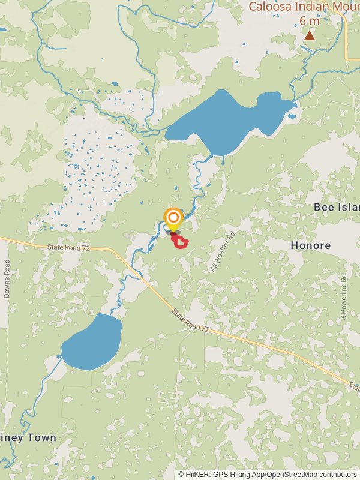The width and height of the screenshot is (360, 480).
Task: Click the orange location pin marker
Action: pyautogui.click(x=173, y=218)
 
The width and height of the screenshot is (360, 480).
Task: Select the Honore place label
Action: pyautogui.click(x=310, y=245)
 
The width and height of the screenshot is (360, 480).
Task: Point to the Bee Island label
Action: pyautogui.click(x=336, y=207)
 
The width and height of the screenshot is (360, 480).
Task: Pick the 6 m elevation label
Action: pyautogui.click(x=309, y=21)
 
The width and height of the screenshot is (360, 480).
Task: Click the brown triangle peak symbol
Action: pyautogui.click(x=309, y=36)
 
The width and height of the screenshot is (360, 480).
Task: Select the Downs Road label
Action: pyautogui.click(x=7, y=279)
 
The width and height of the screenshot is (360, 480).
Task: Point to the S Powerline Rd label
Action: pyautogui.click(x=344, y=296)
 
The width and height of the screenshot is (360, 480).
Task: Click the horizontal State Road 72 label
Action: pyautogui.click(x=68, y=247)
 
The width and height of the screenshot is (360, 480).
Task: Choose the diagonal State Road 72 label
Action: pyautogui.click(x=191, y=320)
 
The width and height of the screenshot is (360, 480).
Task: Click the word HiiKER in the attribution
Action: pyautogui.click(x=198, y=475)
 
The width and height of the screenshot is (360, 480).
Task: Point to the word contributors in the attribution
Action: pyautogui.click(x=337, y=475)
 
